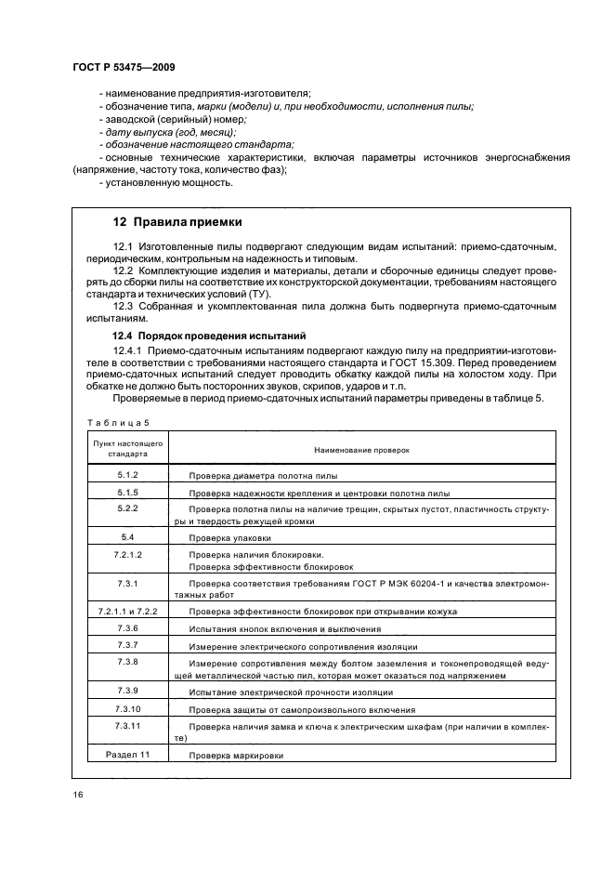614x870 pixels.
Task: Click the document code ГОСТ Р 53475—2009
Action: point(124,68)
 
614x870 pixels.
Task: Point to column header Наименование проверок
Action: point(361,449)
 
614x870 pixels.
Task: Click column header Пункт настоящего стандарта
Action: point(127,449)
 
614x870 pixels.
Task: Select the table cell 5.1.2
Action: point(127,474)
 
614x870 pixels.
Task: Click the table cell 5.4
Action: point(127,537)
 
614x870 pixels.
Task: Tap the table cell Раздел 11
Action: point(127,755)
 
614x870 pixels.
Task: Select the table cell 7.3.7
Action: point(127,644)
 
